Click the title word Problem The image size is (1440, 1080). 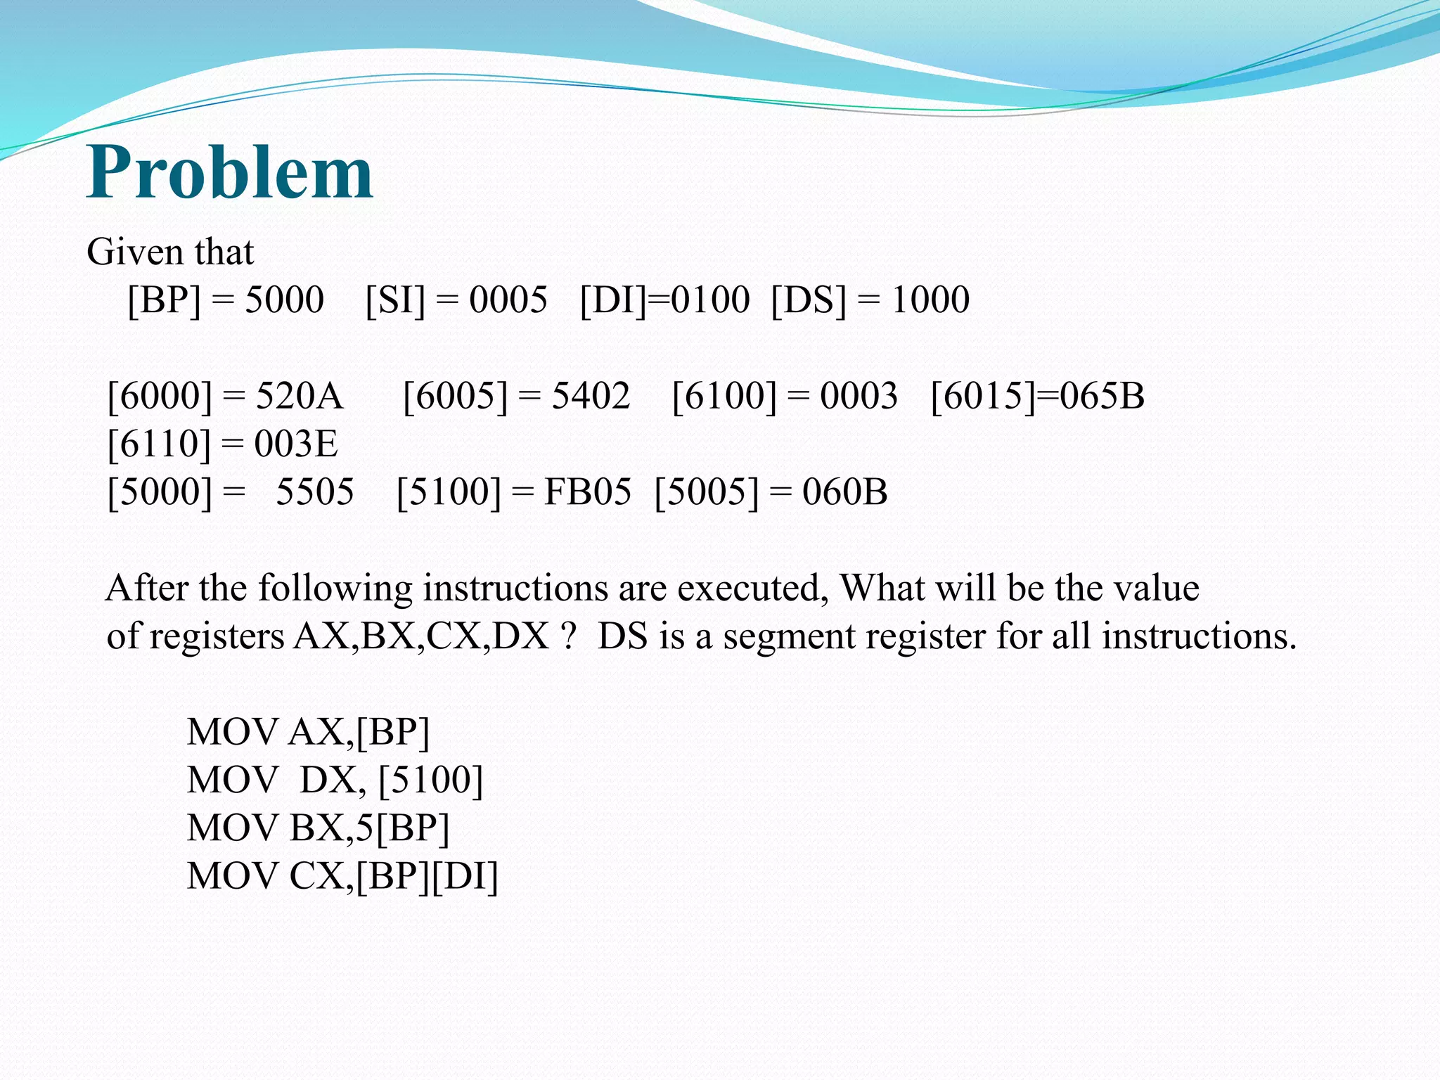(x=230, y=172)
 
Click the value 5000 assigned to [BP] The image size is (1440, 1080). (x=284, y=300)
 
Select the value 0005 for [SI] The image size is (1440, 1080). (x=508, y=300)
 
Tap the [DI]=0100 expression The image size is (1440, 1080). (x=664, y=300)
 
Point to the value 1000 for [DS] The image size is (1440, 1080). (x=930, y=300)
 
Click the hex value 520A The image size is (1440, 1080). (x=299, y=396)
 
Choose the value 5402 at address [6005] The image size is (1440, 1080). (x=591, y=396)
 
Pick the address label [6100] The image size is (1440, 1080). (x=724, y=396)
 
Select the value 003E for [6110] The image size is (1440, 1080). (x=296, y=444)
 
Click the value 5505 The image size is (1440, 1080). (x=314, y=491)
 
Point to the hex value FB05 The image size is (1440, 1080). (x=587, y=491)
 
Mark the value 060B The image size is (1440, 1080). (x=844, y=491)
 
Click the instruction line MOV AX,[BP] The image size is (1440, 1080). (x=308, y=732)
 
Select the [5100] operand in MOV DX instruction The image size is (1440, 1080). (x=430, y=780)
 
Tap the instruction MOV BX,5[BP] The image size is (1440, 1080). (x=318, y=828)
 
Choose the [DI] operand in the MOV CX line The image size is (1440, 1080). (x=464, y=876)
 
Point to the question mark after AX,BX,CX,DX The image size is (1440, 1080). (x=569, y=636)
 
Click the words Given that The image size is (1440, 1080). (x=169, y=252)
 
